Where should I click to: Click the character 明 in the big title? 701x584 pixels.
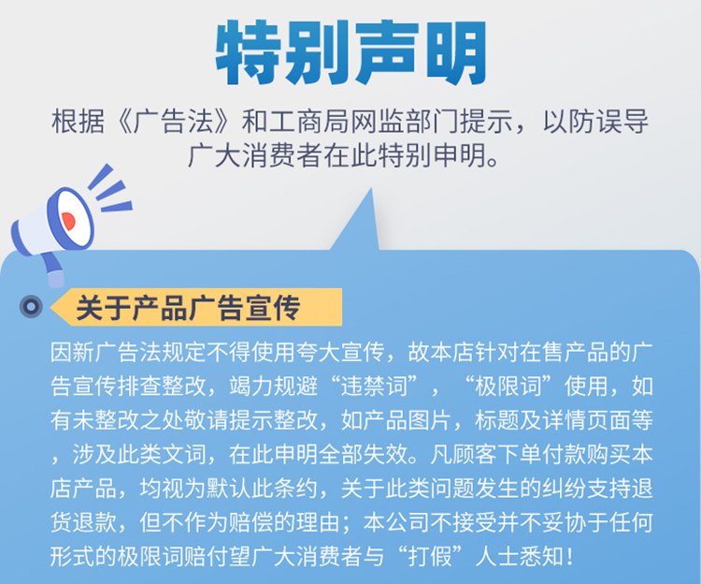pos(455,52)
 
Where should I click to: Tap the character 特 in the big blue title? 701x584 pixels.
pos(248,52)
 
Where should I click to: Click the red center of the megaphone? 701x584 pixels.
pos(68,221)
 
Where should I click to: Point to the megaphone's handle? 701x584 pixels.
pos(52,270)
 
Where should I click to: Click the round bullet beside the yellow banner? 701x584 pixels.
pos(31,307)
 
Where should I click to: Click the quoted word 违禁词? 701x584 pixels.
pos(374,386)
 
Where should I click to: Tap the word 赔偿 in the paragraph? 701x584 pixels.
pos(250,522)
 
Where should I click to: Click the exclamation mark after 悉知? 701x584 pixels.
pos(569,556)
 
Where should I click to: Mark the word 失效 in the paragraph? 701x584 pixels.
pos(385,454)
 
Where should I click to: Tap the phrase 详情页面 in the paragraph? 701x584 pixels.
pos(586,420)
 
